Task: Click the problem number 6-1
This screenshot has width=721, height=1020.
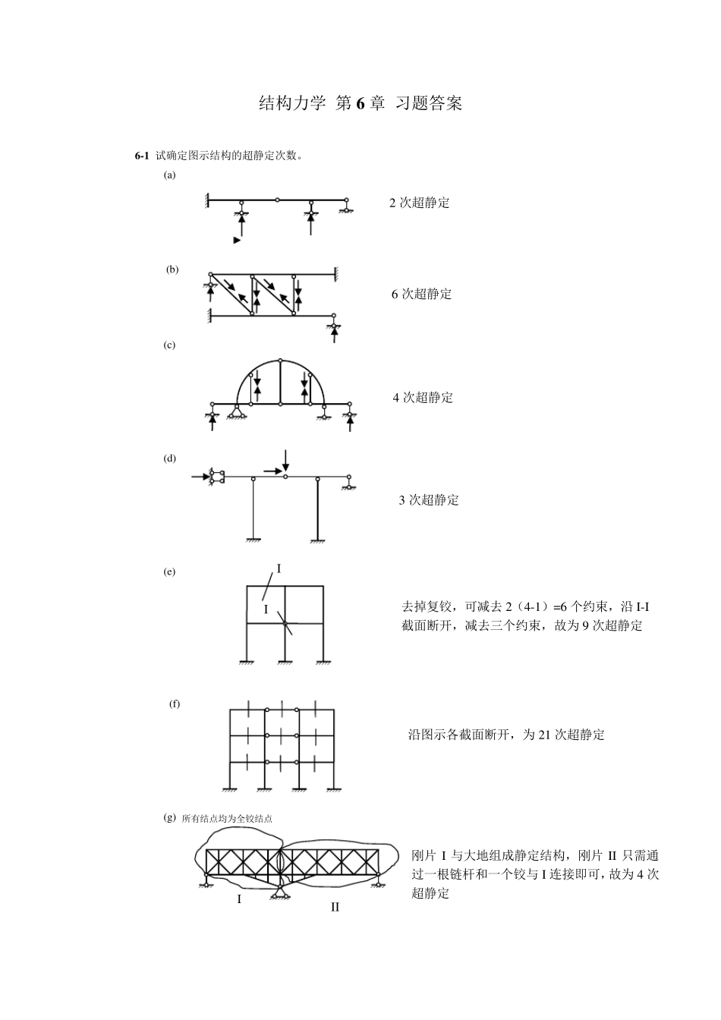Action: coord(142,156)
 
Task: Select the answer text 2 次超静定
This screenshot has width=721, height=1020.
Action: coord(419,203)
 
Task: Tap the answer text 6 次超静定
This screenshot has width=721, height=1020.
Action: coord(421,294)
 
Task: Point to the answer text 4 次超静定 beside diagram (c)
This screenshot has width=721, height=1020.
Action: coord(423,397)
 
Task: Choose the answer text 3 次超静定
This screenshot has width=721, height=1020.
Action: coord(429,499)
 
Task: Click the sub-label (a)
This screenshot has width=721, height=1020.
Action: coord(169,175)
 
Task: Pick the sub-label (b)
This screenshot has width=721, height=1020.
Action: coord(172,269)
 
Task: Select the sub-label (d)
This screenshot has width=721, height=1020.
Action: coord(169,458)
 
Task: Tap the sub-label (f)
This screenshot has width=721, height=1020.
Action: coord(175,704)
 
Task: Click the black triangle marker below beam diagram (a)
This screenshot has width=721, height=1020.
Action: coord(237,240)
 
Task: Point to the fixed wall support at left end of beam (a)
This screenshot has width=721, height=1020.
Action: coord(206,200)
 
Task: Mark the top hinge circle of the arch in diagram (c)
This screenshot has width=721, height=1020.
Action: coord(281,360)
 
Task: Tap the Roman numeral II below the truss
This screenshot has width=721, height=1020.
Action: coord(335,907)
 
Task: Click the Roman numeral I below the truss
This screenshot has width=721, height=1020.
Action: coord(239,899)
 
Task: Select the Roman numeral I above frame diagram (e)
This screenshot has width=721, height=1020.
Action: coord(279,568)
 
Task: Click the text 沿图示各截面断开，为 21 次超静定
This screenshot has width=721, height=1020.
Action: coord(506,735)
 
